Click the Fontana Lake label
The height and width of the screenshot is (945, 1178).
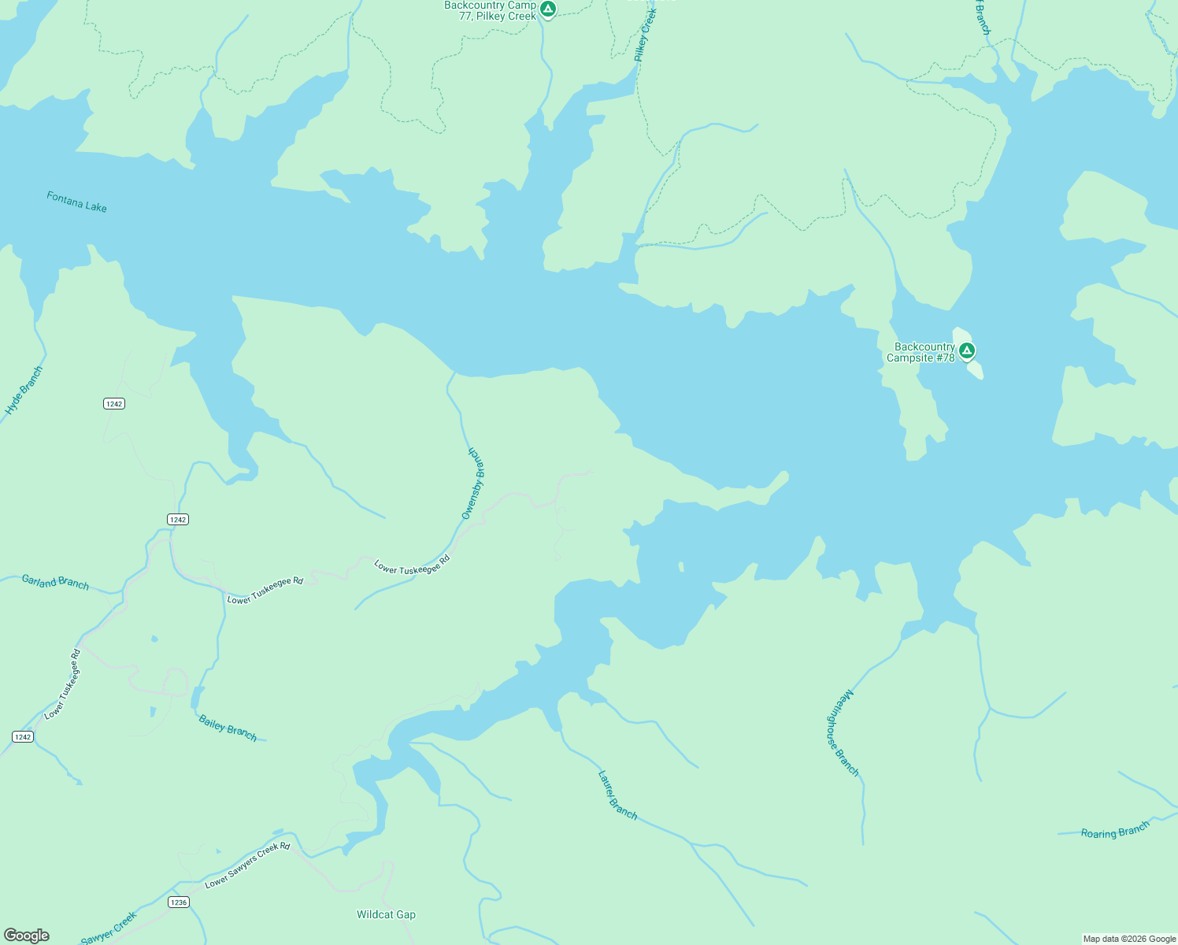pyautogui.click(x=76, y=202)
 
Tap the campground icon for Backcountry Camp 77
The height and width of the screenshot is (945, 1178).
pyautogui.click(x=548, y=9)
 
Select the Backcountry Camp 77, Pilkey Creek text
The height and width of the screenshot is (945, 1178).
pyautogui.click(x=490, y=10)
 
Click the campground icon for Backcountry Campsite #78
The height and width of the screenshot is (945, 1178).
pyautogui.click(x=967, y=350)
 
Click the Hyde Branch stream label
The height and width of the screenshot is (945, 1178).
pyautogui.click(x=24, y=391)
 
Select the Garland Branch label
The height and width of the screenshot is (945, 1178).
pyautogui.click(x=55, y=582)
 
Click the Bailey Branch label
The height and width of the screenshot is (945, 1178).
pyautogui.click(x=228, y=728)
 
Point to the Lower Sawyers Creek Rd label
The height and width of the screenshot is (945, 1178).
pyautogui.click(x=247, y=865)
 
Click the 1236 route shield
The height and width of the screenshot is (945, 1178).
pyautogui.click(x=179, y=902)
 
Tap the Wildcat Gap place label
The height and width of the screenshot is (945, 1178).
pyautogui.click(x=386, y=914)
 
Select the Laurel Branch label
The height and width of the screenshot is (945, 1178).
pyautogui.click(x=617, y=795)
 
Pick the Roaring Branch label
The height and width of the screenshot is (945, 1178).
pyautogui.click(x=1115, y=830)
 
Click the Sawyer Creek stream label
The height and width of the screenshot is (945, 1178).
pyautogui.click(x=109, y=928)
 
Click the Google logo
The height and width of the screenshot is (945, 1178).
pyautogui.click(x=26, y=936)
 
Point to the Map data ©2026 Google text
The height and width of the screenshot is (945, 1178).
pyautogui.click(x=1129, y=939)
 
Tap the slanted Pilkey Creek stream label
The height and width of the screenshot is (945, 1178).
pyautogui.click(x=645, y=35)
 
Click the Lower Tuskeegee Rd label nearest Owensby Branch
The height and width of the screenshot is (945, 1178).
pyautogui.click(x=412, y=564)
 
